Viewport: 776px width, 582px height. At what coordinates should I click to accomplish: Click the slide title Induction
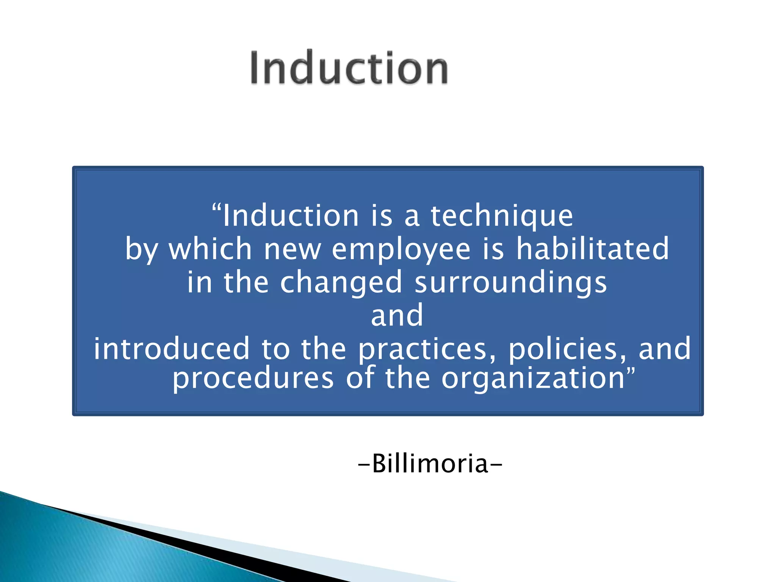click(x=349, y=68)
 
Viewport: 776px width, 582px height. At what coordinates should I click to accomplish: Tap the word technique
click(x=502, y=216)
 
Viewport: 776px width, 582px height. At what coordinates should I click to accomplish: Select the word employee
click(x=401, y=250)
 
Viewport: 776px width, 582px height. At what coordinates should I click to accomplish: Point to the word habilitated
click(x=593, y=249)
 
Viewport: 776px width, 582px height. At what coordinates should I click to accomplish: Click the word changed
click(x=341, y=283)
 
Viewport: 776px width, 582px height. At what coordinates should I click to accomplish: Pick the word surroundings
click(x=511, y=283)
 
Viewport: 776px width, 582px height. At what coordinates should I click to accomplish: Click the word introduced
click(x=172, y=349)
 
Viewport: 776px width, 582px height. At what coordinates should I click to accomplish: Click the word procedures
click(x=253, y=379)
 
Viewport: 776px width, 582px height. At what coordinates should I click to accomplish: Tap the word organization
click(x=533, y=379)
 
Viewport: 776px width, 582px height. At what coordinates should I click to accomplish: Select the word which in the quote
click(x=210, y=249)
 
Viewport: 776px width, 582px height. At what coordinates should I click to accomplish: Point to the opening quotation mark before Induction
click(x=216, y=208)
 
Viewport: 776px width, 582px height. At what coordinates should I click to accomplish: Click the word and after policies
click(x=665, y=349)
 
